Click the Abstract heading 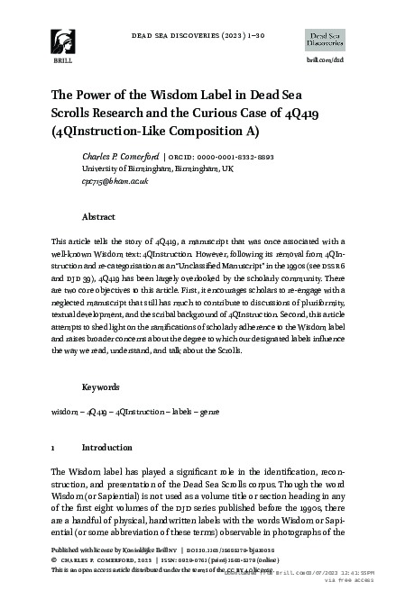[98, 217]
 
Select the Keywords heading [102, 386]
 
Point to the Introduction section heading [107, 447]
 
